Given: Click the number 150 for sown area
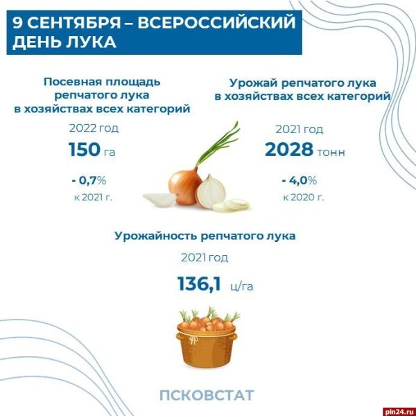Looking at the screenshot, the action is click(x=85, y=149).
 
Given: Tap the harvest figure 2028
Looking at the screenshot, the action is click(x=289, y=149).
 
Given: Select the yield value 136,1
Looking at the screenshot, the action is click(x=199, y=284).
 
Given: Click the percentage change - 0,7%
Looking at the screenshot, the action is click(x=89, y=181).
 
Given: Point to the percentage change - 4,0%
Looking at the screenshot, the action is click(x=300, y=181).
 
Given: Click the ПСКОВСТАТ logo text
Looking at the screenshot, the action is click(x=207, y=395).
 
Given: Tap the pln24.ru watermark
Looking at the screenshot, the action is click(x=400, y=411).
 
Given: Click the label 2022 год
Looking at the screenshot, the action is click(x=94, y=128).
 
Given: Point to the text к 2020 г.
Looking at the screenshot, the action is click(x=304, y=198).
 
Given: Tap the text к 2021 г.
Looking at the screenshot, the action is click(x=93, y=198).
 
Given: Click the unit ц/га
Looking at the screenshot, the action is click(x=242, y=286).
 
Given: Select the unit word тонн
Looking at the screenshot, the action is click(x=331, y=153).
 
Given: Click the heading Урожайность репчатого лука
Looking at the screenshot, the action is click(x=205, y=236).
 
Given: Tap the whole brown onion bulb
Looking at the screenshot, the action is click(x=185, y=188).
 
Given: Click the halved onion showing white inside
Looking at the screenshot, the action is click(x=211, y=191).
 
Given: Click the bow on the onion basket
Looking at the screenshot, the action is click(x=193, y=339).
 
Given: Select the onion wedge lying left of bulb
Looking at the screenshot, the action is click(x=159, y=199).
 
